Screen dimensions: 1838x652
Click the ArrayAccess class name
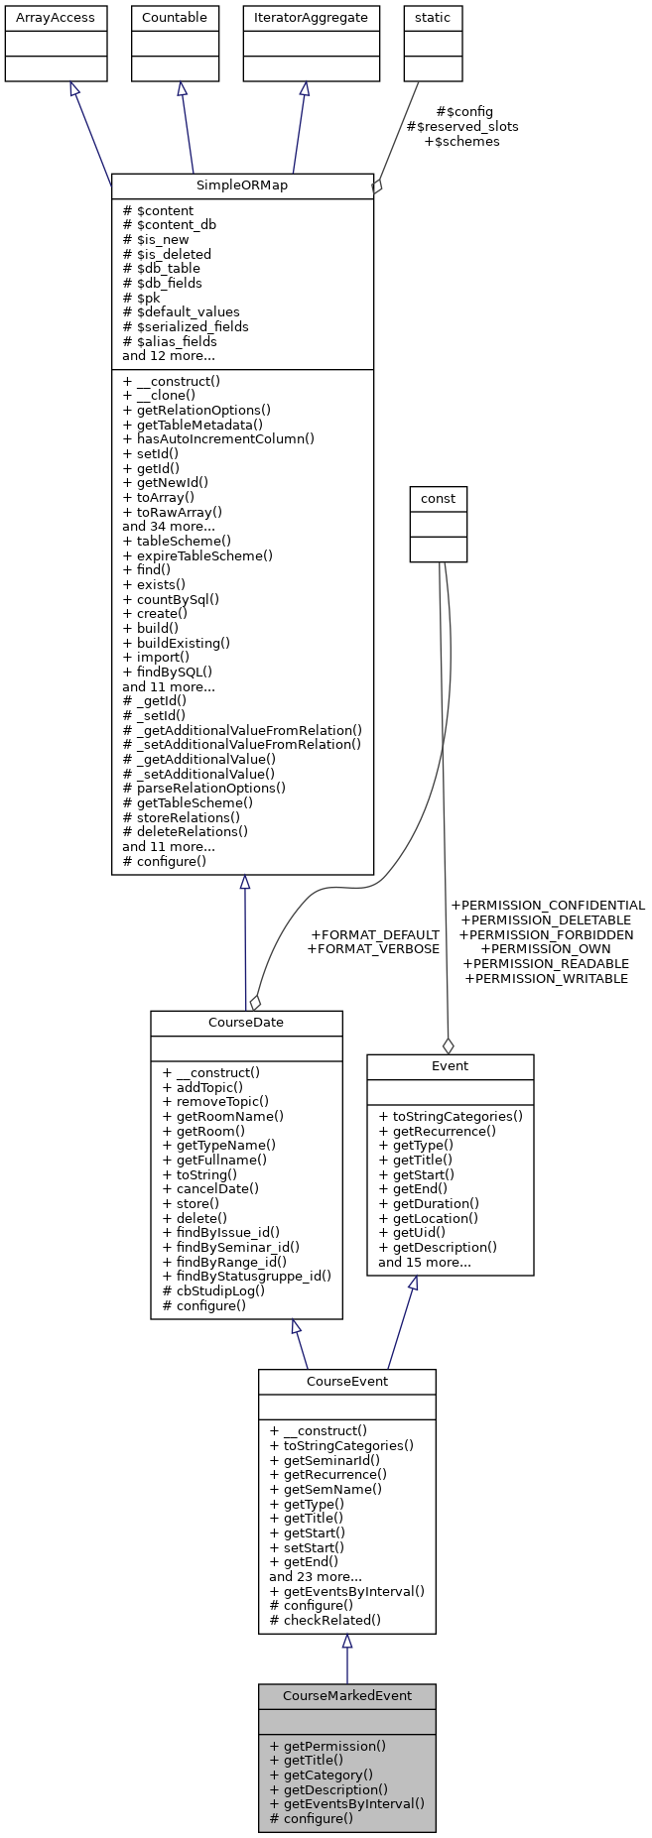coord(56,17)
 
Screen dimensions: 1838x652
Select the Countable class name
coord(175,17)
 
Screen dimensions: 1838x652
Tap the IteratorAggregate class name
coord(311,17)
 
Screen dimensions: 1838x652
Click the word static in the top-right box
coord(433,17)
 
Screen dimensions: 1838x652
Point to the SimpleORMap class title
coord(242,185)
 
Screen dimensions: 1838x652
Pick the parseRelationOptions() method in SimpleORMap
coord(203,788)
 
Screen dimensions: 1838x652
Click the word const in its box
coord(438,498)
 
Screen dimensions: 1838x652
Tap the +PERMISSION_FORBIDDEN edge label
coord(546,934)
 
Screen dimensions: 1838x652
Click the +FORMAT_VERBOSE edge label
coord(373,949)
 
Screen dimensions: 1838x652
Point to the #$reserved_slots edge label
coord(462,126)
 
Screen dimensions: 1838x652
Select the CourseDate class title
coord(246,1023)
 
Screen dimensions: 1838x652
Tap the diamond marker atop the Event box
coord(448,1045)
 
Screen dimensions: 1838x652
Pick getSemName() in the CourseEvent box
coord(326,1488)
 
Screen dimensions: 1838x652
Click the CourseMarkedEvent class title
coord(346,1695)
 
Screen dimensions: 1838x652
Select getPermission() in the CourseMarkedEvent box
coord(327,1746)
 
